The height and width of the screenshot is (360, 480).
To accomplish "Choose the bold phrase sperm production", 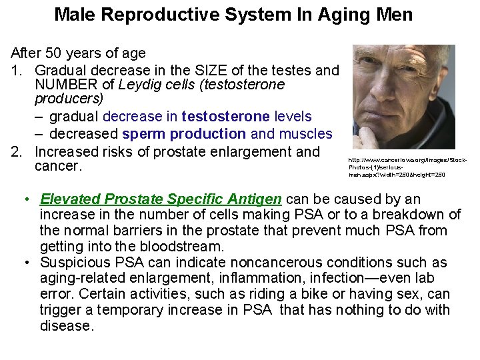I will pos(184,133).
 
